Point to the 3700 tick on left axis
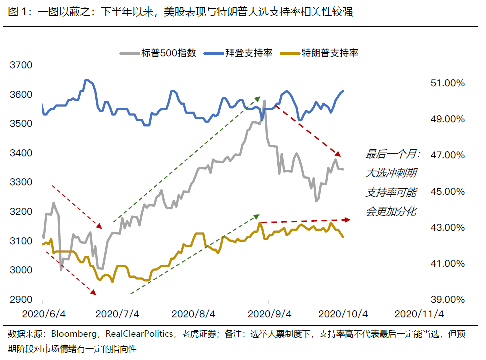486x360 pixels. (21, 65)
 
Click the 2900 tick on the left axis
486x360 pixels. (21, 300)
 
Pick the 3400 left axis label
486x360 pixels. (21, 153)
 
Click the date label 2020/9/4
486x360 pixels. (268, 314)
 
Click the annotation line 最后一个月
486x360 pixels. (393, 154)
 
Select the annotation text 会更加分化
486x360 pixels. (391, 211)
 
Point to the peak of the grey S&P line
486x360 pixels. (264, 101)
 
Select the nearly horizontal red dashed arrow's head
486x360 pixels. (349, 219)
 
